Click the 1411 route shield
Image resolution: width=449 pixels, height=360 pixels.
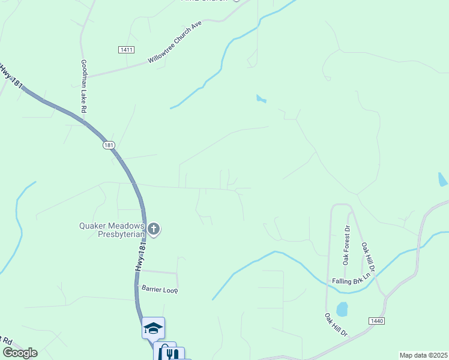point(127,50)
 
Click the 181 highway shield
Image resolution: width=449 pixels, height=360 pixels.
point(108,145)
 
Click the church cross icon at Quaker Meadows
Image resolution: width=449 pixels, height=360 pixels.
point(154,229)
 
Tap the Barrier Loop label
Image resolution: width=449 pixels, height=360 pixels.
point(160,289)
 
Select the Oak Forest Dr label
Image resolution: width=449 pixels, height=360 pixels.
point(346,245)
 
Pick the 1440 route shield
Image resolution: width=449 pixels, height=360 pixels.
point(377,322)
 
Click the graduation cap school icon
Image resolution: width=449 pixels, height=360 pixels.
point(153,328)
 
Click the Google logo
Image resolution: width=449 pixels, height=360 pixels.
point(20,353)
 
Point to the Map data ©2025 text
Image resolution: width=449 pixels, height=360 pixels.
point(423,355)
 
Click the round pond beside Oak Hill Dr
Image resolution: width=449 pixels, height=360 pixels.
point(342,309)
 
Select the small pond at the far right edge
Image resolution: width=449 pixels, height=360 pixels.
point(442,179)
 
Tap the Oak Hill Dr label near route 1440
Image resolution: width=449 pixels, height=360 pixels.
point(336,324)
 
